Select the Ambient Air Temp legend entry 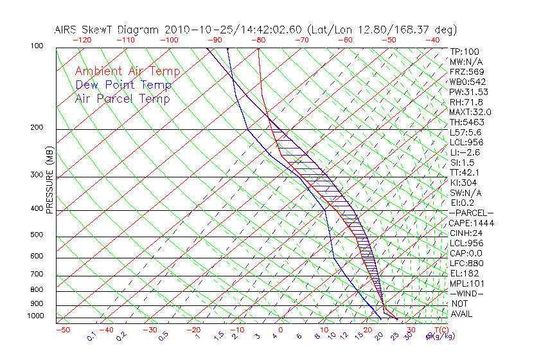coord(128,71)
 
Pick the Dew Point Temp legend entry coord(123,85)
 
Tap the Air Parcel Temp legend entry coord(123,98)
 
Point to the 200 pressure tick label coord(37,127)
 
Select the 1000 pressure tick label coord(35,316)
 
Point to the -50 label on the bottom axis coord(62,330)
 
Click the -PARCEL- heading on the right coord(471,213)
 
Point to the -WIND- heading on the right coord(466,293)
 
